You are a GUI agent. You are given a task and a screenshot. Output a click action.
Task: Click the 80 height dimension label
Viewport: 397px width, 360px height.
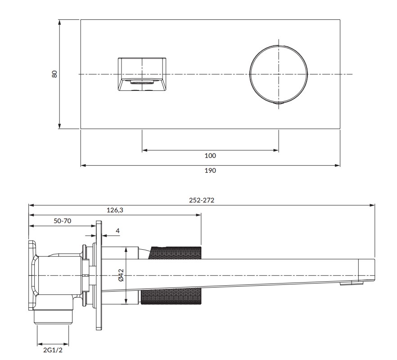55,74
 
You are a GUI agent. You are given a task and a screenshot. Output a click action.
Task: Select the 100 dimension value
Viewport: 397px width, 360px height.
210,156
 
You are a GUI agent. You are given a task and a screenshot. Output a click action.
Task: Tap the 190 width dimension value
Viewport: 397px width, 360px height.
210,171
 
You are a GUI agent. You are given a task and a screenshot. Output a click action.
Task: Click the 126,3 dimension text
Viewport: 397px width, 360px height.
114,210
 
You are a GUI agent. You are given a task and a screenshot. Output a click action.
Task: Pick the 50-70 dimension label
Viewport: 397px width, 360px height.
61,221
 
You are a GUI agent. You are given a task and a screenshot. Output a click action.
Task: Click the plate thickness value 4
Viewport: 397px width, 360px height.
118,231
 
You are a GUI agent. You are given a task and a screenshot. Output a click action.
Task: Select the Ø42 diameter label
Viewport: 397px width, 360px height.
120,275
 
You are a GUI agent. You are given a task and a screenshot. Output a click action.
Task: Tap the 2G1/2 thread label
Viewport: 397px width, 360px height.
53,349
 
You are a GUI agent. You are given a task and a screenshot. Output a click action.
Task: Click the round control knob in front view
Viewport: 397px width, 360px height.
279,74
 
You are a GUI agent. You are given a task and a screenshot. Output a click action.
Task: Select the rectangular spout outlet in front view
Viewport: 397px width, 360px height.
142,74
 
